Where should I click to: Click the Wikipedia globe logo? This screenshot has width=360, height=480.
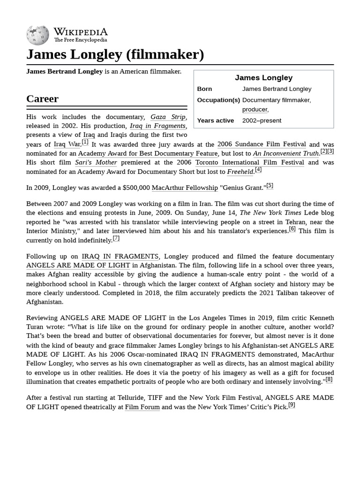(37, 35)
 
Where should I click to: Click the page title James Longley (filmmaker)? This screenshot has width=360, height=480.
(115, 54)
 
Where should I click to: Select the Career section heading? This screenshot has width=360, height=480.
(42, 99)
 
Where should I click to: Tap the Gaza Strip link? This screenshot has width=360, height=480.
(168, 117)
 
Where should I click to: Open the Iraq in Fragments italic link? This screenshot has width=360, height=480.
(157, 126)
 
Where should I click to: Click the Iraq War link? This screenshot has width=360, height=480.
(67, 144)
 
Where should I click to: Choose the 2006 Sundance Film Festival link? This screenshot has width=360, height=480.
(262, 144)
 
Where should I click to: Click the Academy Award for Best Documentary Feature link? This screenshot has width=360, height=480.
(148, 153)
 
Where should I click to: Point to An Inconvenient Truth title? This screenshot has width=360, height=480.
(286, 153)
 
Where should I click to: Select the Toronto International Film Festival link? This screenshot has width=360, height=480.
(249, 163)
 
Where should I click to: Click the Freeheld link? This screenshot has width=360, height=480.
(240, 172)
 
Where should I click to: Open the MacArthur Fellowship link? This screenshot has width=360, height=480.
(185, 187)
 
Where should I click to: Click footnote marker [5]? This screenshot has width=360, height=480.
(270, 186)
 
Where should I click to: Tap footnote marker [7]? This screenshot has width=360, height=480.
(116, 238)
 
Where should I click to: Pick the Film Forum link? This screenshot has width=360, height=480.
(142, 407)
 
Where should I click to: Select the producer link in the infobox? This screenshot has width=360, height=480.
(255, 109)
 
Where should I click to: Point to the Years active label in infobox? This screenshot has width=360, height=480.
(215, 120)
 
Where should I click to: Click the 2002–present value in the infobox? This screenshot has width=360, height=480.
(262, 120)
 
